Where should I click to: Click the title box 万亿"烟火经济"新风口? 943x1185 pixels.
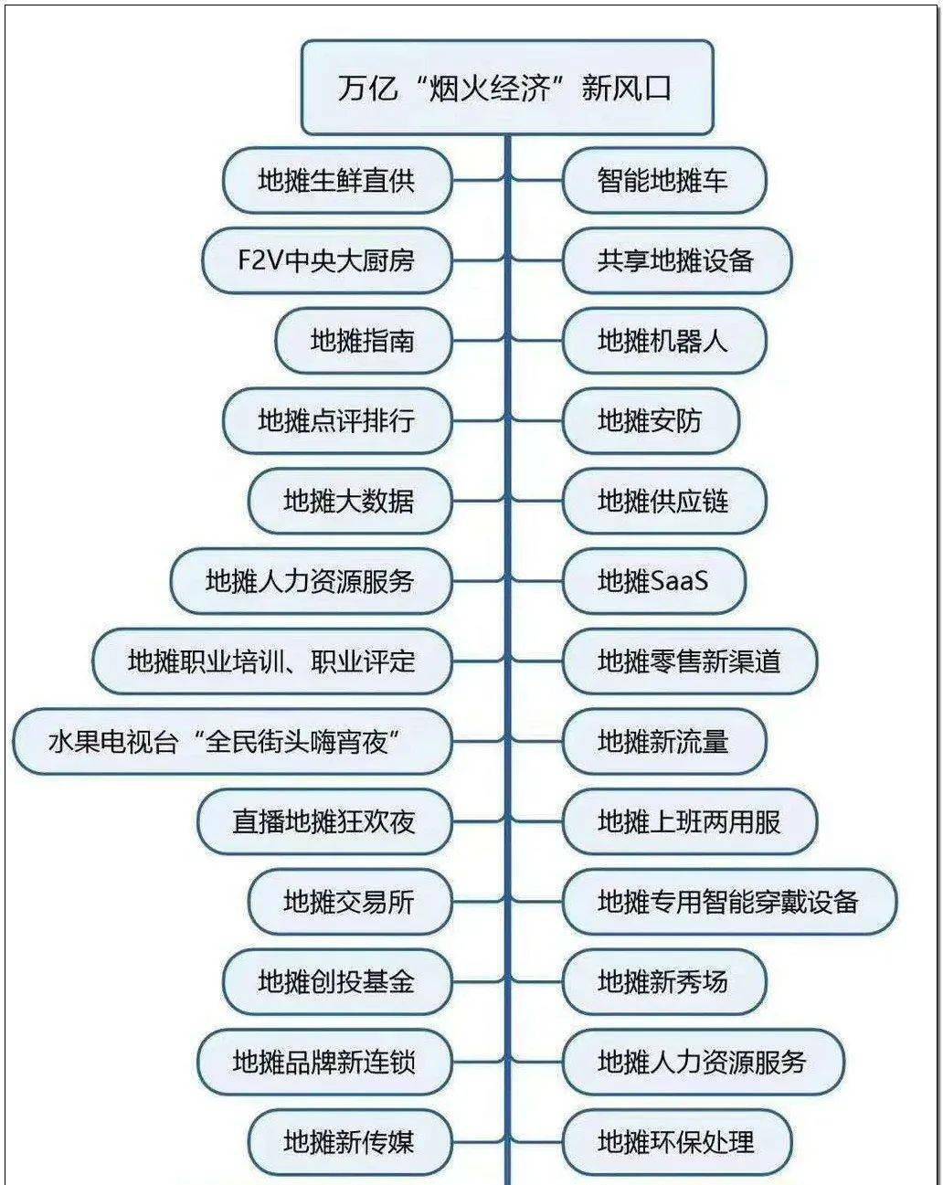click(x=507, y=88)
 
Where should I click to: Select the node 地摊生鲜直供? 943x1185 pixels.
click(x=337, y=180)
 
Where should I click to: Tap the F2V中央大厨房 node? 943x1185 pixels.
click(x=326, y=260)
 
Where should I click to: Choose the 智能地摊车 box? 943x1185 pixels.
click(x=663, y=180)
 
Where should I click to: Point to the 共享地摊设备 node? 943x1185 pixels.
click(x=677, y=260)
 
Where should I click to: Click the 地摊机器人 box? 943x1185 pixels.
click(x=663, y=341)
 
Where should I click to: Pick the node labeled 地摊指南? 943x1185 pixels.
click(x=364, y=341)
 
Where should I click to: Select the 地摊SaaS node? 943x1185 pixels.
click(x=654, y=581)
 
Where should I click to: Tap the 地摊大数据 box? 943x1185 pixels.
click(x=350, y=501)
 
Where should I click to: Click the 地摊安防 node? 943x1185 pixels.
click(x=651, y=420)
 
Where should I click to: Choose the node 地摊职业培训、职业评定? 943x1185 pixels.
click(x=272, y=661)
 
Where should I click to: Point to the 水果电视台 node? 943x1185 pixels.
click(x=232, y=741)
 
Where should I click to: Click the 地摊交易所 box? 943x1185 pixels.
click(x=350, y=902)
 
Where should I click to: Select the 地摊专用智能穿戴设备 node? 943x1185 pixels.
click(x=729, y=902)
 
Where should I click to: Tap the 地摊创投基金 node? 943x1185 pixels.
click(x=337, y=981)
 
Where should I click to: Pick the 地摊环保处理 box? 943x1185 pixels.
click(x=677, y=1141)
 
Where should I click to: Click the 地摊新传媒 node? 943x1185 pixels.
click(x=350, y=1141)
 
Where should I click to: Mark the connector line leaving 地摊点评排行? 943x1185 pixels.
click(x=478, y=420)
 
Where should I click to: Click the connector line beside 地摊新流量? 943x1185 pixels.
click(x=536, y=741)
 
